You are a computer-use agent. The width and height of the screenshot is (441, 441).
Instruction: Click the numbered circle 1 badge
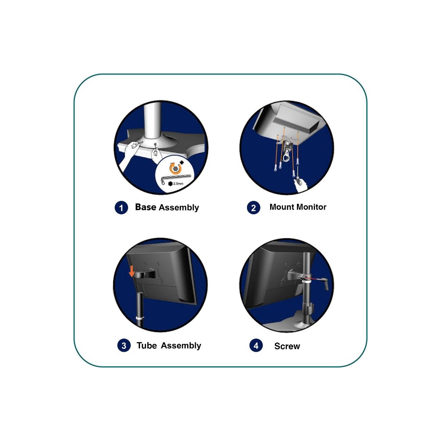(121, 208)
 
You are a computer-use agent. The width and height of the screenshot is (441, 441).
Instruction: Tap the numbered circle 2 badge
(253, 208)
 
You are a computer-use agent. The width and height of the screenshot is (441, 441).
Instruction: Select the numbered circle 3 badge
(124, 345)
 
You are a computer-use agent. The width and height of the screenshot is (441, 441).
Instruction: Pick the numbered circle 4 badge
(256, 345)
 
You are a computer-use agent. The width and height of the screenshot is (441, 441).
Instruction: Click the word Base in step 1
(146, 207)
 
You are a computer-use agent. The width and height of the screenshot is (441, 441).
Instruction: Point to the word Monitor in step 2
(312, 207)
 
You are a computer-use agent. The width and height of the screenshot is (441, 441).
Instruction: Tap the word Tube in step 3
(147, 345)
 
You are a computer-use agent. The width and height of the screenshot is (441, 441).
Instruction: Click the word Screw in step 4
(287, 346)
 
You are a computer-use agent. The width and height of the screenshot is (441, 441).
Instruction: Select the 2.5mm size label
(178, 183)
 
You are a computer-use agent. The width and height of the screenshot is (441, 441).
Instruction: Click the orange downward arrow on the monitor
(132, 272)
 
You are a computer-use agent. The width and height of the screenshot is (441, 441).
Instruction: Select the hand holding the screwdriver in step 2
(301, 184)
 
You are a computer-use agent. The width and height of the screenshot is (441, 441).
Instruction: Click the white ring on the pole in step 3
(140, 318)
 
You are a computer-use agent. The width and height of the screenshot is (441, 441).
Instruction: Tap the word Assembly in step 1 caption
(179, 208)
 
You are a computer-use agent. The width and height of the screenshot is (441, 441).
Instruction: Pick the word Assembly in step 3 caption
(181, 345)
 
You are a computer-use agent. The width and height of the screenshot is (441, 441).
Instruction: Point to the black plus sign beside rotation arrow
(182, 163)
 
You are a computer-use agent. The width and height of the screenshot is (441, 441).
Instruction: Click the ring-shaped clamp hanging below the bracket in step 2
(286, 158)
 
